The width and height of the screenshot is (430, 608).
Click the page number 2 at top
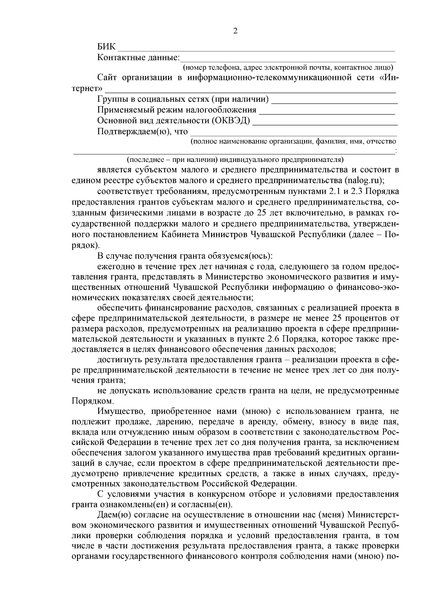[235, 31]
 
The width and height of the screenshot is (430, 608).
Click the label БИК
[106, 47]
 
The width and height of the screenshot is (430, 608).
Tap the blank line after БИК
[256, 50]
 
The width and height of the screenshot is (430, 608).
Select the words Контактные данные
[138, 57]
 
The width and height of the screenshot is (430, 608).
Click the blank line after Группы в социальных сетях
[335, 102]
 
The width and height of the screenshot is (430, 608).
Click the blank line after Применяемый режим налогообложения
[327, 113]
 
